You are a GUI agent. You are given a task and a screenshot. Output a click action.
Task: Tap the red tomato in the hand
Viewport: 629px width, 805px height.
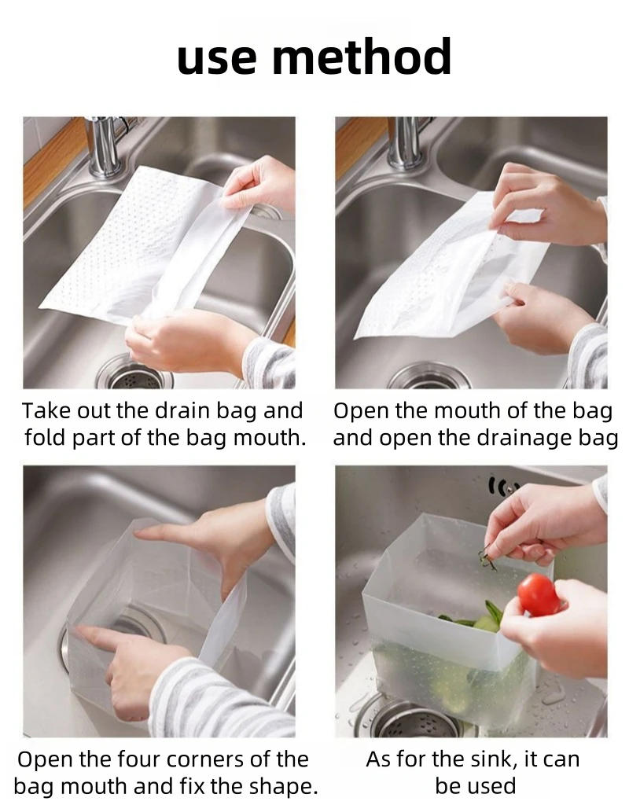(539, 594)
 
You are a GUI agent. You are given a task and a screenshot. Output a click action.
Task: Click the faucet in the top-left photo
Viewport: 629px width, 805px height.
(104, 145)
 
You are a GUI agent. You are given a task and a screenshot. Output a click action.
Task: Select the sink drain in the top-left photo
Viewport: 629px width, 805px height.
(134, 375)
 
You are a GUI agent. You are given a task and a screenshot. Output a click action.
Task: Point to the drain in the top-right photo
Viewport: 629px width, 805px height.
(429, 378)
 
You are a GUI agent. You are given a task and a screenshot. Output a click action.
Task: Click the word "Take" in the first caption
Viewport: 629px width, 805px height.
(46, 411)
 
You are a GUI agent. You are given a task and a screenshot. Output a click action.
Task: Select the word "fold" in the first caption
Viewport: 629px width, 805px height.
(42, 438)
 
